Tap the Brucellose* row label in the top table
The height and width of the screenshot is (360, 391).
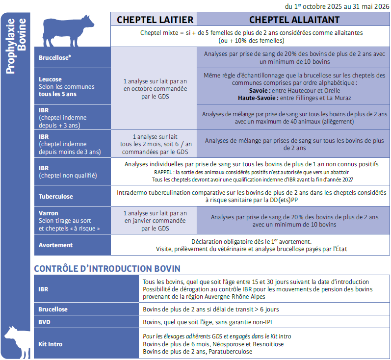(55, 58)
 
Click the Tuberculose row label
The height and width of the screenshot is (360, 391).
(56, 196)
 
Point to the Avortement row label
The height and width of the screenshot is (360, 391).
(55, 245)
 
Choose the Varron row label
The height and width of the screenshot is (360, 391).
(49, 213)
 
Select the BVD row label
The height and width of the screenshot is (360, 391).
(45, 322)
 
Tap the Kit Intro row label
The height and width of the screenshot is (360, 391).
(50, 344)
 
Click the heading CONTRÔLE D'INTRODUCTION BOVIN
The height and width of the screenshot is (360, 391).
(107, 269)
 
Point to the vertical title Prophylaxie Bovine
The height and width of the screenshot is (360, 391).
(17, 47)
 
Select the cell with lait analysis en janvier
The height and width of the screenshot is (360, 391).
(155, 221)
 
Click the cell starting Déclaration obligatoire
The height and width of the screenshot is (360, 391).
(251, 245)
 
